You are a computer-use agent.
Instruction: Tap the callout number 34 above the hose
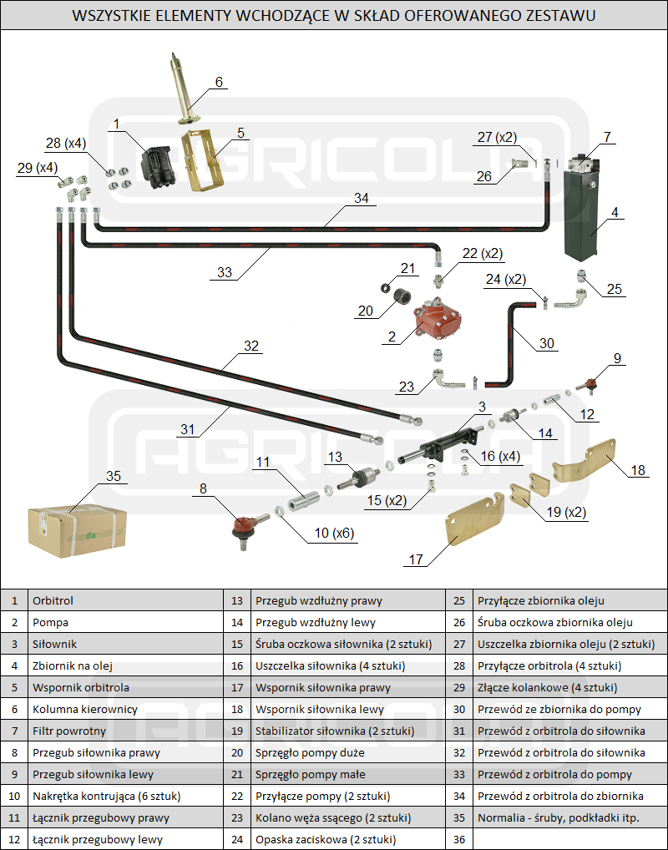pos(361,199)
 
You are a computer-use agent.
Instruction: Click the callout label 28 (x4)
pos(66,143)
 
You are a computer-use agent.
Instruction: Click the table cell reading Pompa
pos(50,622)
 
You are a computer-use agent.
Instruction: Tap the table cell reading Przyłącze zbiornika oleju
pos(540,600)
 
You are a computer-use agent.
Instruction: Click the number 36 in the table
pos(458,839)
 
